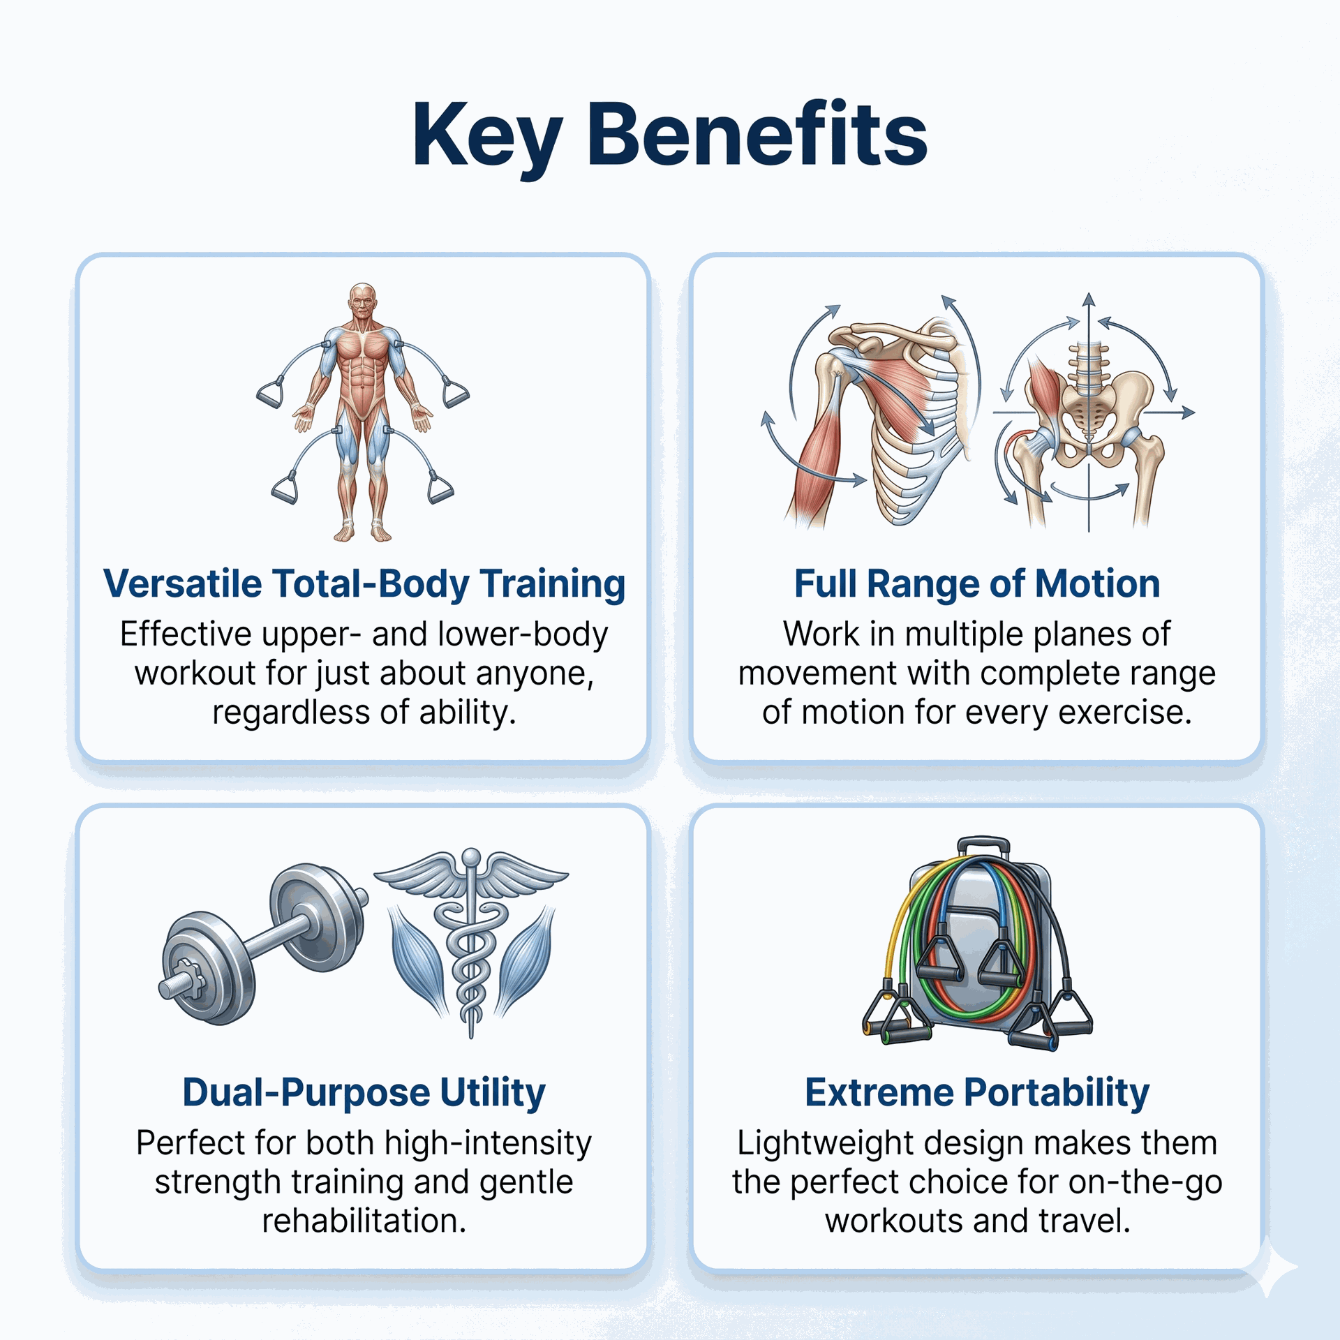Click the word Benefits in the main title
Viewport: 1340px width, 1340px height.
(x=758, y=133)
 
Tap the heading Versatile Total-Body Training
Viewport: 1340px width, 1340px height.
(x=364, y=584)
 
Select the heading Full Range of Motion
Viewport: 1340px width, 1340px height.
(x=976, y=583)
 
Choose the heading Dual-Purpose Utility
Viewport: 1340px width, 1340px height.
(x=364, y=1093)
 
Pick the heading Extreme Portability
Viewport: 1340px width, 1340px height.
(x=976, y=1093)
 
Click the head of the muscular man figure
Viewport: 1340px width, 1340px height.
(x=362, y=302)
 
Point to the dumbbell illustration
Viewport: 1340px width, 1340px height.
(x=263, y=944)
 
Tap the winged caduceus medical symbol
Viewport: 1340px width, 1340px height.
(x=472, y=939)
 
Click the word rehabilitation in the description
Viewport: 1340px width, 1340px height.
(x=364, y=1221)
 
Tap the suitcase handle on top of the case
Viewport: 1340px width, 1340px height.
(x=983, y=845)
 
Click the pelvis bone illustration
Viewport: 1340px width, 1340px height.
(x=1089, y=426)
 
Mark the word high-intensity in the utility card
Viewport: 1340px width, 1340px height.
(x=488, y=1143)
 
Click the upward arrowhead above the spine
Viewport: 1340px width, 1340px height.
(x=1089, y=300)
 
